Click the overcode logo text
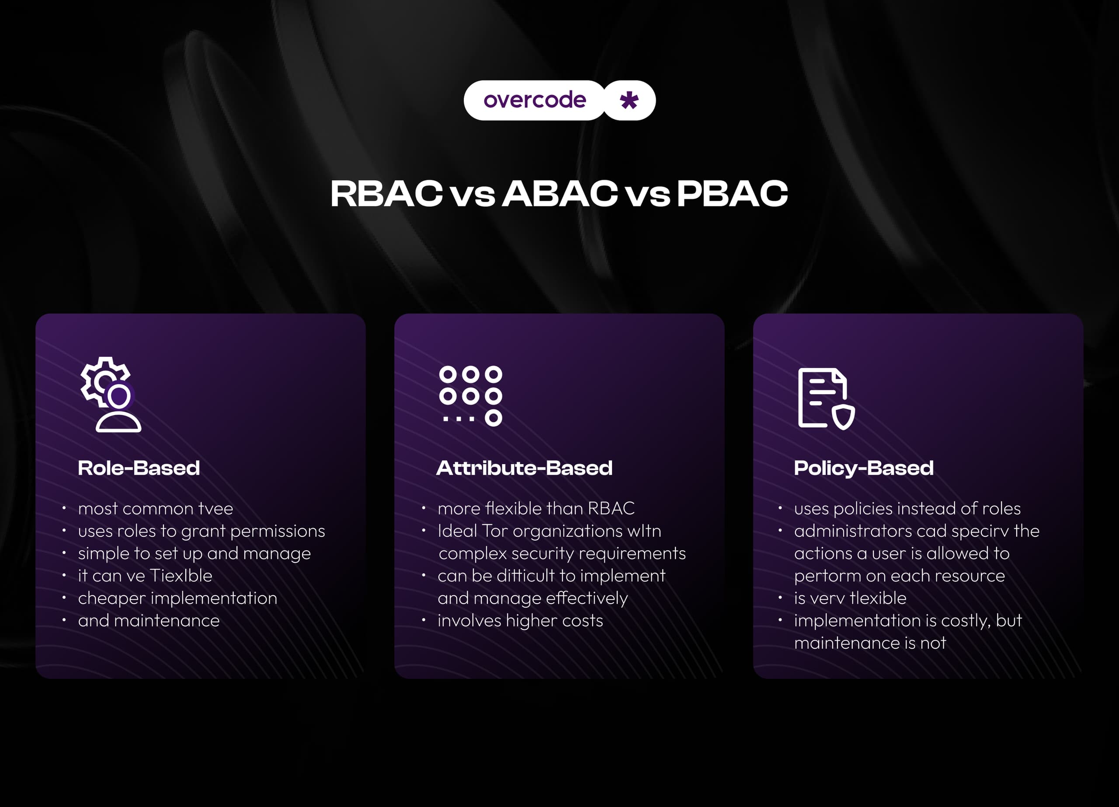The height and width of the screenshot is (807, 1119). [x=535, y=100]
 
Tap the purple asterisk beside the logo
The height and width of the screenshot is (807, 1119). [x=629, y=100]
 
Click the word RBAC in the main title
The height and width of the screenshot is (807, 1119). [x=386, y=193]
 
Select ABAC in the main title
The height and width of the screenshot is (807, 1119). [x=559, y=193]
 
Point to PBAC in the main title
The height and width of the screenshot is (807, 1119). [x=732, y=193]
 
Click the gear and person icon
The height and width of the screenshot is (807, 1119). [x=111, y=395]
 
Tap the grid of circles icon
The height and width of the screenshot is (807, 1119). [x=470, y=396]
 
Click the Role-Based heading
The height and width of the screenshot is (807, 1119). [x=139, y=468]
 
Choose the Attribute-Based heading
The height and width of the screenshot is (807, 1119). [x=524, y=468]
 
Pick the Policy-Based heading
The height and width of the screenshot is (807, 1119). [x=863, y=468]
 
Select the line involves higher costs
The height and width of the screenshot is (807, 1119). [x=520, y=620]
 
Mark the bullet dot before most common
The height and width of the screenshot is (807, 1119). [x=64, y=507]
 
